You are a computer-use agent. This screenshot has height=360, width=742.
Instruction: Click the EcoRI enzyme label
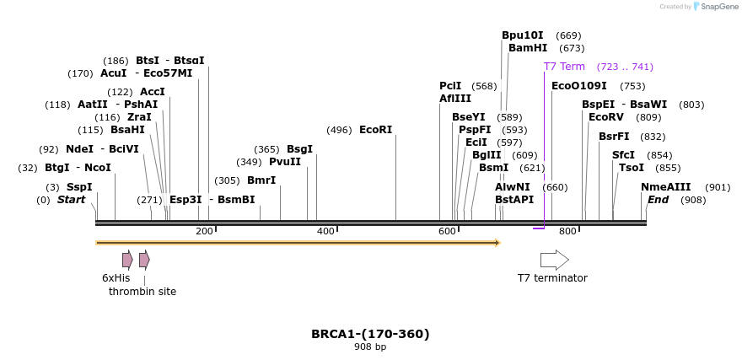tap(375, 130)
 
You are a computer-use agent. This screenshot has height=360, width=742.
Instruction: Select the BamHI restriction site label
tap(528, 48)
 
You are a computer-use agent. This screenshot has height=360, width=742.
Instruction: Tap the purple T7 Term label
tap(564, 67)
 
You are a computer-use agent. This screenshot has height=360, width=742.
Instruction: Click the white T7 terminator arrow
tap(554, 260)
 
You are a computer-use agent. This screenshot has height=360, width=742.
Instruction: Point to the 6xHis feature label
tap(116, 277)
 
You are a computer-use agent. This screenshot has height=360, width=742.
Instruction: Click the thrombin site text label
tap(142, 292)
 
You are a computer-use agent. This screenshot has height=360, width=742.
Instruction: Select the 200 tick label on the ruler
tap(205, 231)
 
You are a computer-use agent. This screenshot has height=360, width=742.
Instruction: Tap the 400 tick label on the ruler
tap(325, 231)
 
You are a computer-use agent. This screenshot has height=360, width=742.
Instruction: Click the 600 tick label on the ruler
tap(447, 231)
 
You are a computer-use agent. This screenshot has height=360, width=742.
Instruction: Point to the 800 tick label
tap(567, 231)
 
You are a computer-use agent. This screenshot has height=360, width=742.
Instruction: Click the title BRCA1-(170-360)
tap(370, 334)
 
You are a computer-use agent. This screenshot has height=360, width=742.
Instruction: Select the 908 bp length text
tap(370, 347)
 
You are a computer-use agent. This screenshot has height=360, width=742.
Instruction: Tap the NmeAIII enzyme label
tap(665, 187)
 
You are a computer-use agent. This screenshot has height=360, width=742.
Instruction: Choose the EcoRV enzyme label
tap(606, 117)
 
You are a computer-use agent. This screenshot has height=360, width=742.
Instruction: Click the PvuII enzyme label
tap(285, 162)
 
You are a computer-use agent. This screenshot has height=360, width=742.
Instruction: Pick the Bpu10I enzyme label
tap(523, 35)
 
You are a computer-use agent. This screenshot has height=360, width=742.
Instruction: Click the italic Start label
tap(72, 200)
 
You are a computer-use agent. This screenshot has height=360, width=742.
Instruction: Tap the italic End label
tap(658, 200)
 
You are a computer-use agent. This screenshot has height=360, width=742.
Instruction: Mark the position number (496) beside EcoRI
tap(339, 130)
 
